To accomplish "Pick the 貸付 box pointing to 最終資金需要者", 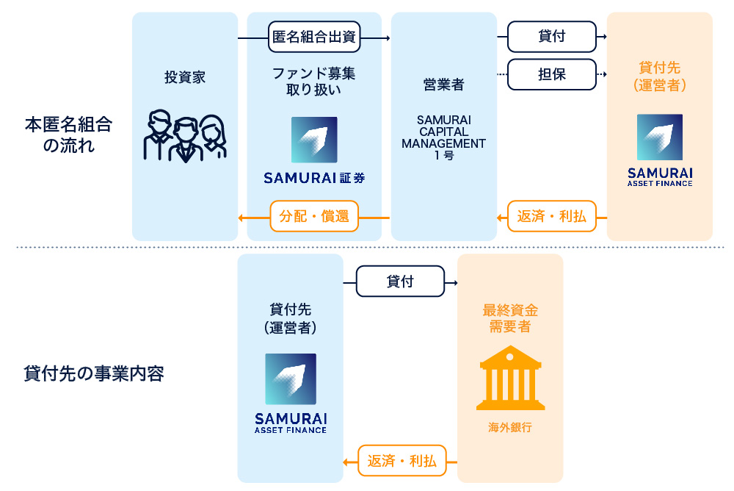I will [x=400, y=282].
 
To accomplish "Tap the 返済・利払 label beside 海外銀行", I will [x=401, y=461].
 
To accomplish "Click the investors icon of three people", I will [x=185, y=136].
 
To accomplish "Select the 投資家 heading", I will [x=185, y=77].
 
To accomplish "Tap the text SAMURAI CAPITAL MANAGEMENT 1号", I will [x=443, y=137].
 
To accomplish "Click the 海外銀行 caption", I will [x=510, y=427].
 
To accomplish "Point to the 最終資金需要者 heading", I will [x=510, y=319].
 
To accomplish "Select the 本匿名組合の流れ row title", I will [x=68, y=135].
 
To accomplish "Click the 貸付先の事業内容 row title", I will [x=94, y=373].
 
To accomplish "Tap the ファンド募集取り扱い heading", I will [x=314, y=82].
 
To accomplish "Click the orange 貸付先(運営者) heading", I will [x=659, y=76].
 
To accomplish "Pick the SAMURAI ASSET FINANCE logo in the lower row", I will [x=291, y=393].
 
